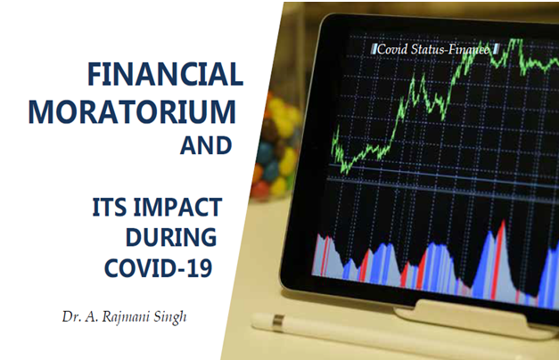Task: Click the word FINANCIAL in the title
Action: click(166, 74)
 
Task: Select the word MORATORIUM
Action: click(132, 111)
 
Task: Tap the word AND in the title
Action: click(206, 145)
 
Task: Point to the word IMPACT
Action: click(177, 207)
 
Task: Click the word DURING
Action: click(171, 237)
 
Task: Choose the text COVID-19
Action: click(159, 267)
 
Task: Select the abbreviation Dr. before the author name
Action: click(71, 316)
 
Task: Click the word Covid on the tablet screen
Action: click(392, 49)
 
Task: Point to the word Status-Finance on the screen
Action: click(450, 49)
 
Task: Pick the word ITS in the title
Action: click(110, 207)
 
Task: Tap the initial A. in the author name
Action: click(91, 316)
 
